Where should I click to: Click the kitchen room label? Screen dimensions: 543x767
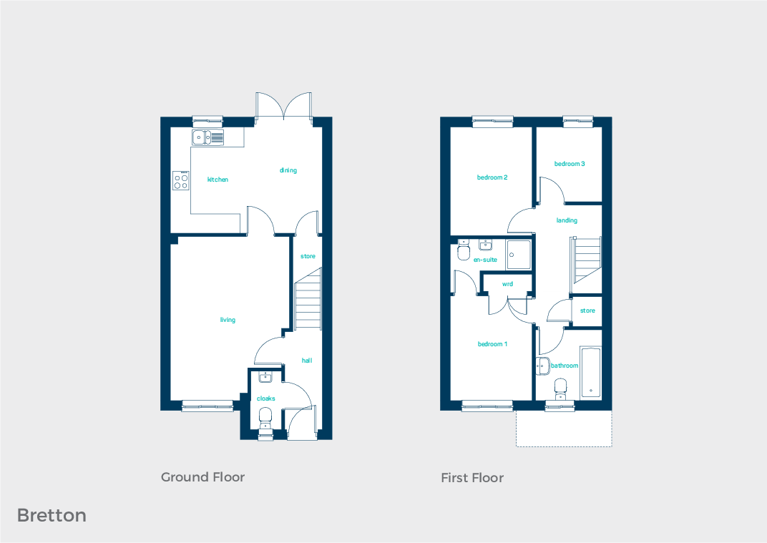click(x=218, y=180)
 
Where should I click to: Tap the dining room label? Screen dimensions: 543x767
click(x=288, y=170)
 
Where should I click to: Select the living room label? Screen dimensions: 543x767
click(x=228, y=320)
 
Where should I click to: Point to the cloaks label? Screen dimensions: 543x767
click(x=265, y=398)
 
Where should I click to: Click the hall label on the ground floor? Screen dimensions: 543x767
click(x=306, y=361)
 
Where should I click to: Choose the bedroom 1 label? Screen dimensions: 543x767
click(x=492, y=344)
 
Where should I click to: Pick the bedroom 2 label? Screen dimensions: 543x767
click(x=492, y=177)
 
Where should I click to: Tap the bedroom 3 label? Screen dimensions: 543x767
click(x=570, y=164)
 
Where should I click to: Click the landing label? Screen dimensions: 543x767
click(x=567, y=220)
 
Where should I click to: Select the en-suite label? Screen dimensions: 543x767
click(x=485, y=260)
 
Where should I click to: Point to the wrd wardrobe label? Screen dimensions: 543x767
click(x=507, y=284)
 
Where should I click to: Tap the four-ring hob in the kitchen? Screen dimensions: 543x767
click(x=181, y=180)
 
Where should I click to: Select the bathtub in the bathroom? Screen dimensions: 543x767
click(x=591, y=372)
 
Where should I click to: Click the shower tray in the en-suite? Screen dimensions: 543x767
click(x=519, y=254)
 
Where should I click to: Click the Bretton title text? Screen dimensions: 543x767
click(x=52, y=515)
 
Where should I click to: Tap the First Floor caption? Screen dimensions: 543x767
click(x=472, y=478)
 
